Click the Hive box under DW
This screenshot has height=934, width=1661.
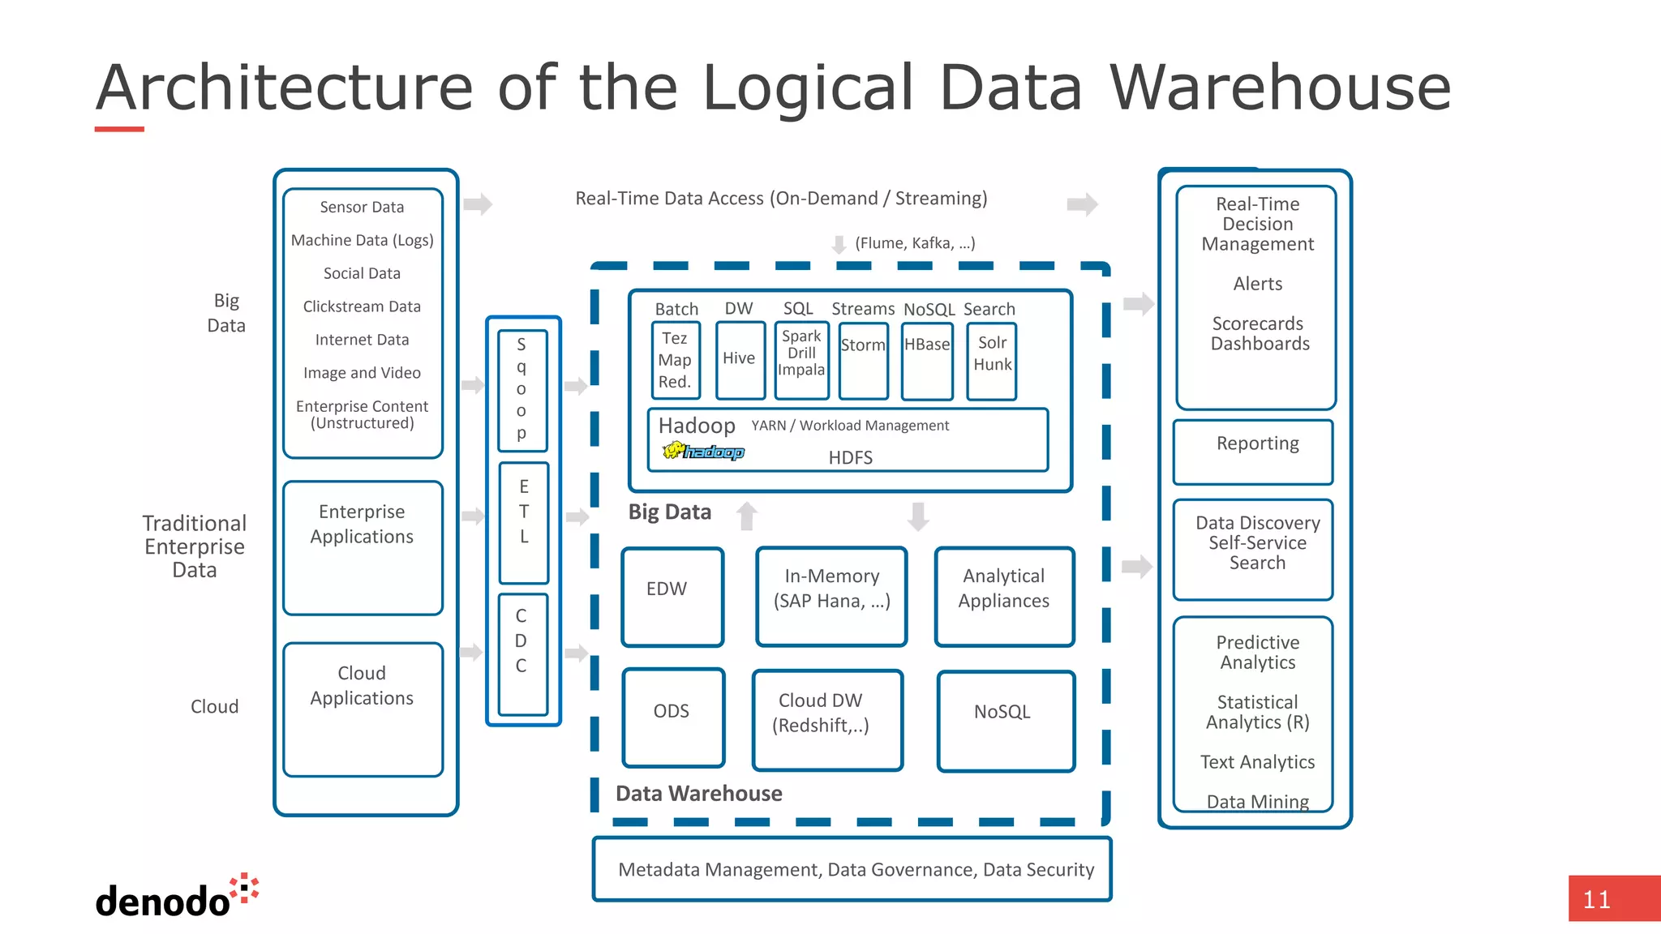(740, 360)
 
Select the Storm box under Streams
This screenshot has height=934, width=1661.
(863, 361)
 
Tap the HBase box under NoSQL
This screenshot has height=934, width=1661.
(927, 361)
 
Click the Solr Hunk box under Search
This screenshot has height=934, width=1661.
(991, 361)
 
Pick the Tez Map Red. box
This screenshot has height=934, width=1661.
(675, 360)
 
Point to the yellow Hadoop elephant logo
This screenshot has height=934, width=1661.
(702, 451)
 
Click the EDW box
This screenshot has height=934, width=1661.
(672, 597)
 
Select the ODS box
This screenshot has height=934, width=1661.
(673, 717)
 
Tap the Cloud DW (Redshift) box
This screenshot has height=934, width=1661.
(826, 719)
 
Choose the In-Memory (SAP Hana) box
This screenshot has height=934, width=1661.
(831, 596)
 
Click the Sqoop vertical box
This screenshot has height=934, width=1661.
(522, 390)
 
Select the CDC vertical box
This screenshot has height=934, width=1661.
(522, 653)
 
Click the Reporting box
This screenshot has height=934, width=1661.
(1253, 452)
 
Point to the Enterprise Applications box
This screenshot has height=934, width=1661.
(363, 547)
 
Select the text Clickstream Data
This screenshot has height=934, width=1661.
(362, 306)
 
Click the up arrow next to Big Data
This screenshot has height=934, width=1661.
(747, 516)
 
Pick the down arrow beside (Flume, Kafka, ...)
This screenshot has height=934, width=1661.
(839, 244)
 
